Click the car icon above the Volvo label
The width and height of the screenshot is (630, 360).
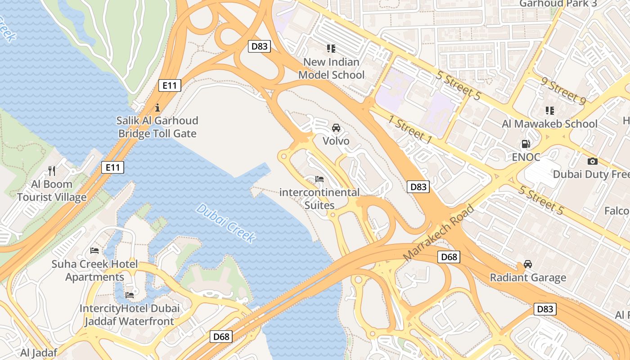pyautogui.click(x=336, y=128)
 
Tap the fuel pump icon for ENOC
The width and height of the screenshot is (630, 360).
pyautogui.click(x=525, y=144)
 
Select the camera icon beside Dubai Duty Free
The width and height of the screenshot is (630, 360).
pyautogui.click(x=593, y=161)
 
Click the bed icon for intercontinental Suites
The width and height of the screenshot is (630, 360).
pyautogui.click(x=319, y=179)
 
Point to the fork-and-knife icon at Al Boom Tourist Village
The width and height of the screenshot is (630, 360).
pyautogui.click(x=52, y=171)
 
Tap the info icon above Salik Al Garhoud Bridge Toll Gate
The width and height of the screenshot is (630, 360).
pyautogui.click(x=157, y=108)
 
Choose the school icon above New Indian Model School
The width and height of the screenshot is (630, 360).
pyautogui.click(x=331, y=49)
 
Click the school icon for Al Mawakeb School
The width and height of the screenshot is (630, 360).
pyautogui.click(x=549, y=111)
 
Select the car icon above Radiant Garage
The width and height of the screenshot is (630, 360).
pyautogui.click(x=528, y=264)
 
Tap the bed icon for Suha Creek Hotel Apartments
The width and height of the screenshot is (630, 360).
pyautogui.click(x=94, y=250)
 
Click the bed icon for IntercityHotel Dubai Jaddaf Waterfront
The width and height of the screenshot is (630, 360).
pyautogui.click(x=130, y=295)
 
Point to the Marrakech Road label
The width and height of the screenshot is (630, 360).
pyautogui.click(x=439, y=233)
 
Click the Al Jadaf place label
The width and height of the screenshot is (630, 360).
pyautogui.click(x=39, y=352)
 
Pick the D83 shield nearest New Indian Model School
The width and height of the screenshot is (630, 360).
pyautogui.click(x=259, y=46)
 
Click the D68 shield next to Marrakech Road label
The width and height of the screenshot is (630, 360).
pyautogui.click(x=449, y=257)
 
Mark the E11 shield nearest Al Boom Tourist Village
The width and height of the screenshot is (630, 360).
pyautogui.click(x=112, y=168)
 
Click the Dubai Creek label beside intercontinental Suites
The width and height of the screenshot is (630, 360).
pyautogui.click(x=226, y=223)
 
